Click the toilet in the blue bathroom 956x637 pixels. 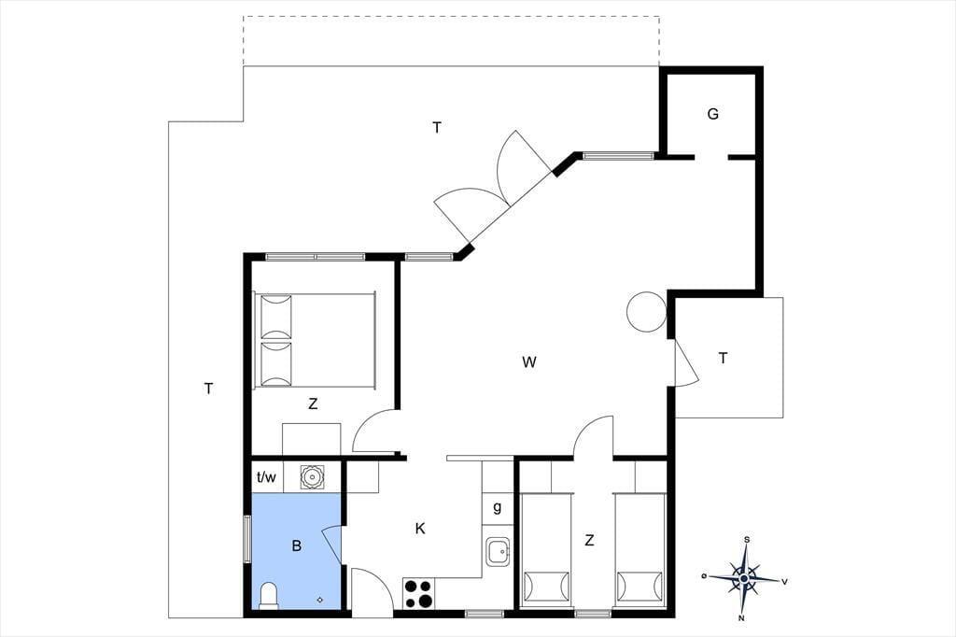point(269,596)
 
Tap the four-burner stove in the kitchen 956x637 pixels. point(418,593)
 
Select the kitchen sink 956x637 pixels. point(499,552)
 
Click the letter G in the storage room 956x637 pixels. point(712,114)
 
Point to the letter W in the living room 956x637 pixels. point(529,362)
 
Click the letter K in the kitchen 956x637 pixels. point(420,529)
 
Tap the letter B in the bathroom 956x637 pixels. point(297,545)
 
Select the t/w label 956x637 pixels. point(266,477)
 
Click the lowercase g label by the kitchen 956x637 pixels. point(498,507)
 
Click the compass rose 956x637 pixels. point(744,578)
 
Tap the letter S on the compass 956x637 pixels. point(747,539)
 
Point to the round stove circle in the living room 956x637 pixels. point(646,312)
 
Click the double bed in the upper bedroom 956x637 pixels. point(315,340)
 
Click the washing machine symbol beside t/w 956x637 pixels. point(312,476)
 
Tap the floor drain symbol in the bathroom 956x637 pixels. point(320,600)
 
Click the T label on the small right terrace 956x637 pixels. point(724,358)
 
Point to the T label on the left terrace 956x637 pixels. point(208,388)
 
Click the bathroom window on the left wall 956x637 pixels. point(247,539)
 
